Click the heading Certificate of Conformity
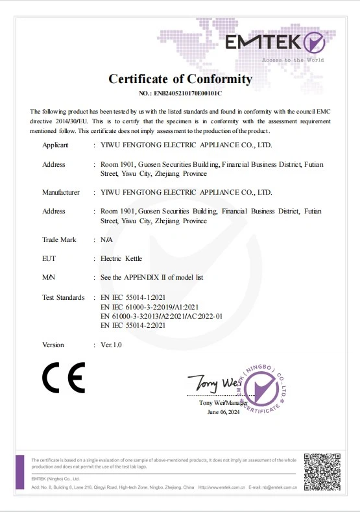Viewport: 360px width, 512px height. click(180, 79)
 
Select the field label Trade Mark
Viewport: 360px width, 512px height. click(59, 239)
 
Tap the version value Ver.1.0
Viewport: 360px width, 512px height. click(111, 345)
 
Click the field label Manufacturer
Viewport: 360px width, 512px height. click(61, 192)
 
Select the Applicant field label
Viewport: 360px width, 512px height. click(55, 145)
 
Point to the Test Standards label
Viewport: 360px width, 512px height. click(64, 297)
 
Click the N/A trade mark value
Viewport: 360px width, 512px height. click(108, 239)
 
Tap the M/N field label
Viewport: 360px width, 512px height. click(49, 277)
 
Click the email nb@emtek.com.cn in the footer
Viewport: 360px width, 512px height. click(276, 487)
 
